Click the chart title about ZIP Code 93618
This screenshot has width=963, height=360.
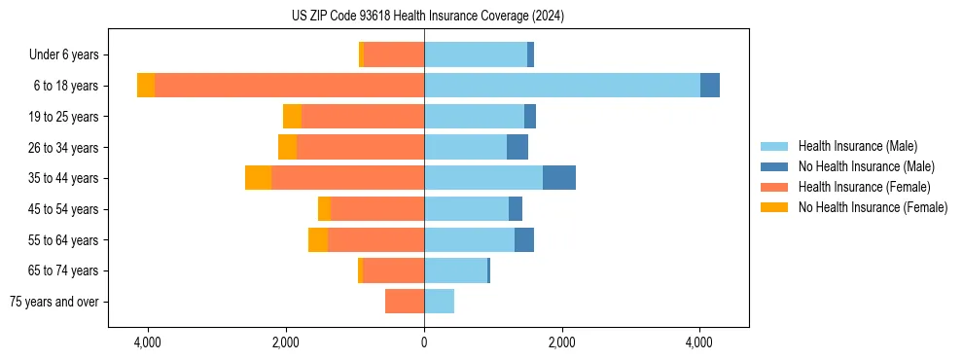pyautogui.click(x=427, y=16)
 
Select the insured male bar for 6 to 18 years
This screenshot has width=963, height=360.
pyautogui.click(x=561, y=86)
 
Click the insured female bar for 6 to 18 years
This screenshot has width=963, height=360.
pyautogui.click(x=289, y=86)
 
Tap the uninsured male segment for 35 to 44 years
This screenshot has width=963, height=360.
pyautogui.click(x=559, y=178)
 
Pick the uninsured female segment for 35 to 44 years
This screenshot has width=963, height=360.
pyautogui.click(x=258, y=178)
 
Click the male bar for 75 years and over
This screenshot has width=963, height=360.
pyautogui.click(x=439, y=302)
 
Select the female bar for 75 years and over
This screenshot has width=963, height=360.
pyautogui.click(x=405, y=302)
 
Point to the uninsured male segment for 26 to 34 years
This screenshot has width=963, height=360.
pyautogui.click(x=517, y=147)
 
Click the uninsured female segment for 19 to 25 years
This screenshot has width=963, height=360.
pyautogui.click(x=292, y=117)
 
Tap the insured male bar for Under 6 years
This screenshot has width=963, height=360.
pyautogui.click(x=476, y=54)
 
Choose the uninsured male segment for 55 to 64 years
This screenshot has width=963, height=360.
pyautogui.click(x=524, y=239)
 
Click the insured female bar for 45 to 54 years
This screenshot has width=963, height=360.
pyautogui.click(x=377, y=209)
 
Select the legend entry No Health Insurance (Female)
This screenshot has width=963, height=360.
pyautogui.click(x=873, y=207)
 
